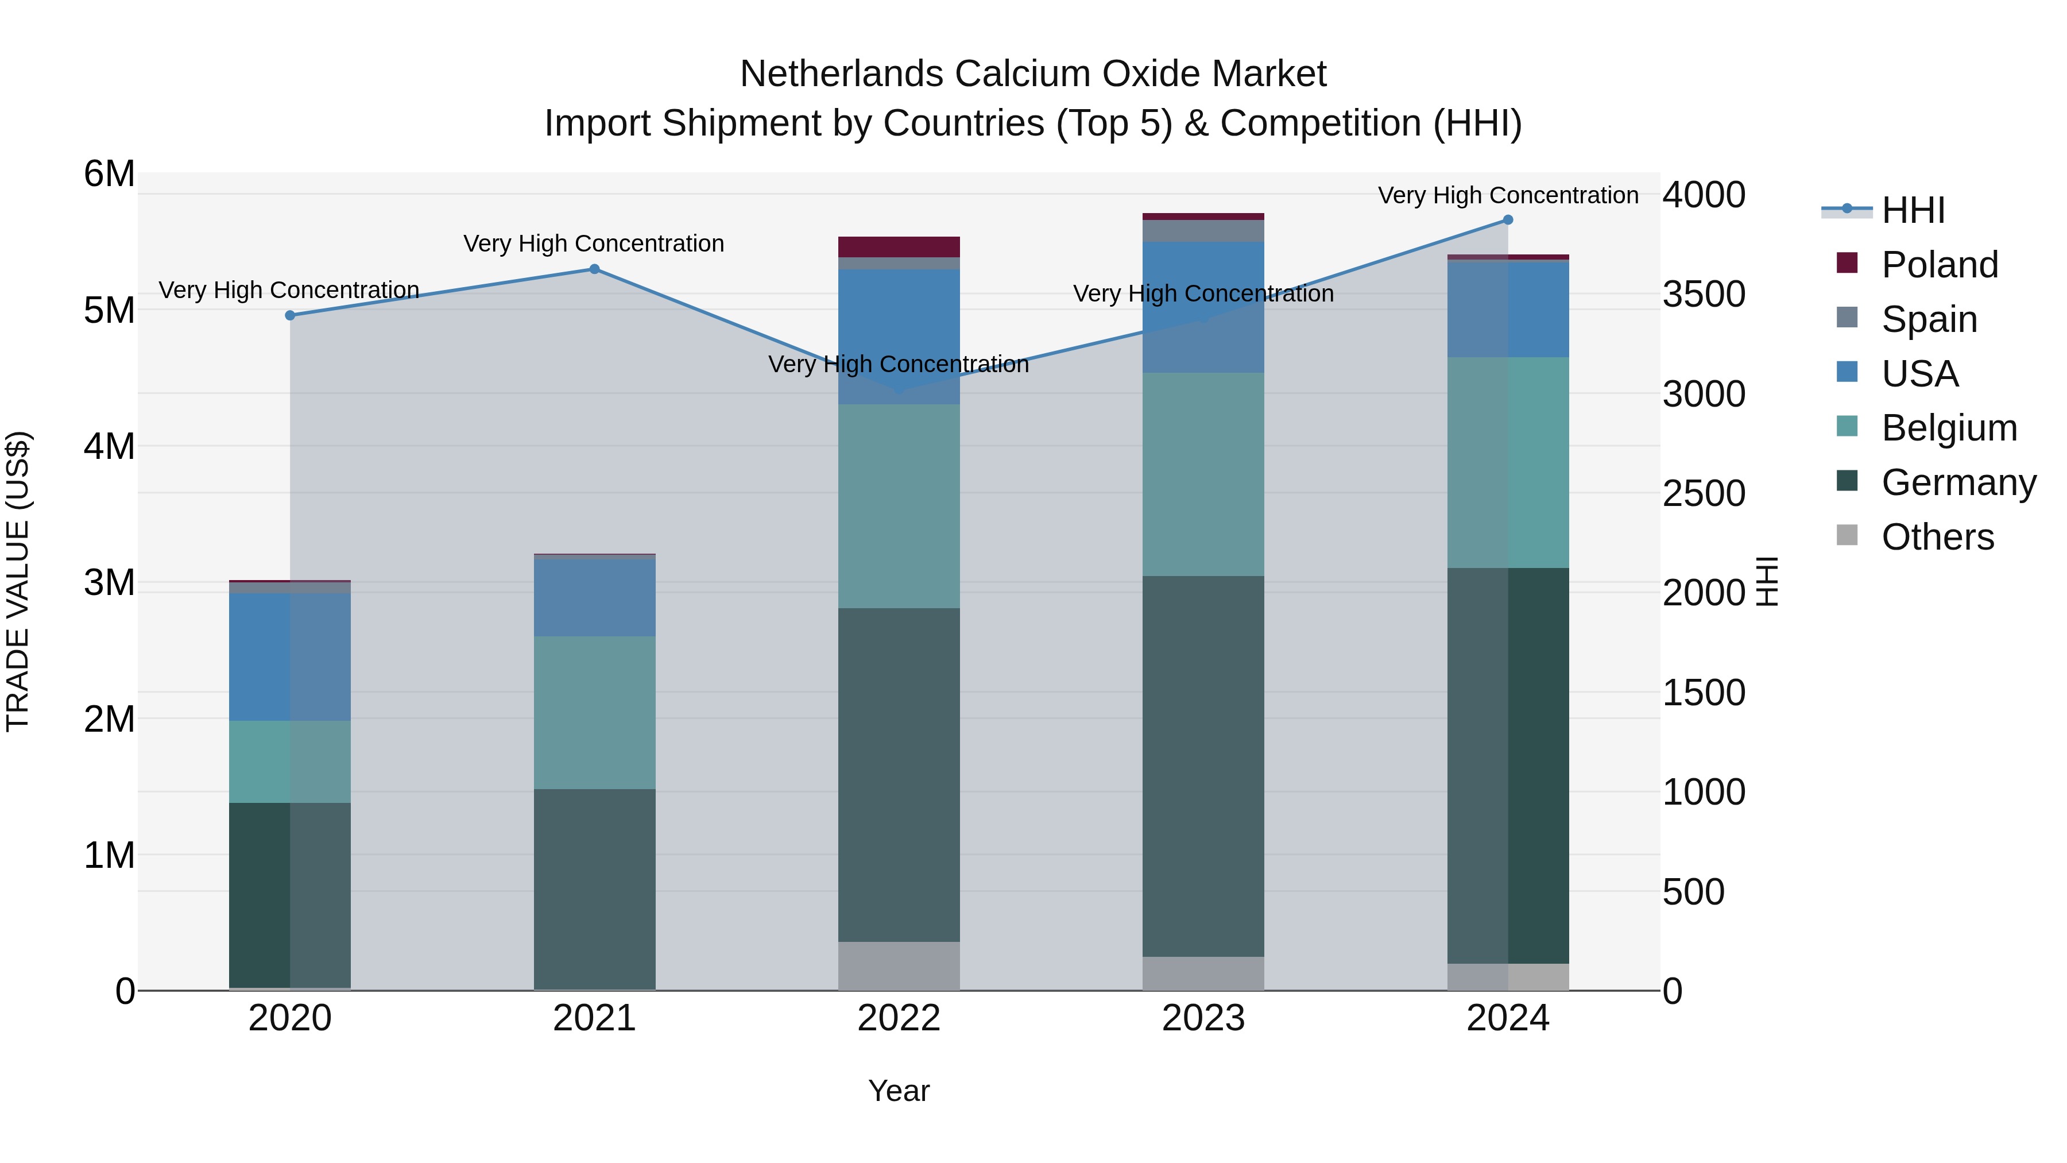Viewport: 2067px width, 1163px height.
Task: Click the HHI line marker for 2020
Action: pos(291,315)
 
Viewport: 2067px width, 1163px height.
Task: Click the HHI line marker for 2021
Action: pos(595,269)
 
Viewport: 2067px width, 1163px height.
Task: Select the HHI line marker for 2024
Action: pos(1508,220)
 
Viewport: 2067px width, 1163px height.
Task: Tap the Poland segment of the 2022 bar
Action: pos(899,246)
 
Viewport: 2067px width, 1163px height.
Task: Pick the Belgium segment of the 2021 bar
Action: pos(595,712)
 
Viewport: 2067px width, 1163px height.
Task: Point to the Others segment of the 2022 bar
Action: pos(899,965)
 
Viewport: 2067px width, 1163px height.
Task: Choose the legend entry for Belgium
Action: pos(1948,428)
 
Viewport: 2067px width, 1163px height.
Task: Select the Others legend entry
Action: pos(1937,537)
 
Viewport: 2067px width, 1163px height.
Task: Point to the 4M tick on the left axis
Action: pos(109,446)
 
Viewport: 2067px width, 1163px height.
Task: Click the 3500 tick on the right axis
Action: pos(1703,293)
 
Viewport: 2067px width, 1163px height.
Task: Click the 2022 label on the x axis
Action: pos(899,1018)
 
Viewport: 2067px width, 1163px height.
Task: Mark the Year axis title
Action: pos(899,1091)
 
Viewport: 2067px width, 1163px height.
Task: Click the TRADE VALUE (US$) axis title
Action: pos(18,581)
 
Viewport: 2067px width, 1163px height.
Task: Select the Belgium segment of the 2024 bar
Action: pos(1508,462)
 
